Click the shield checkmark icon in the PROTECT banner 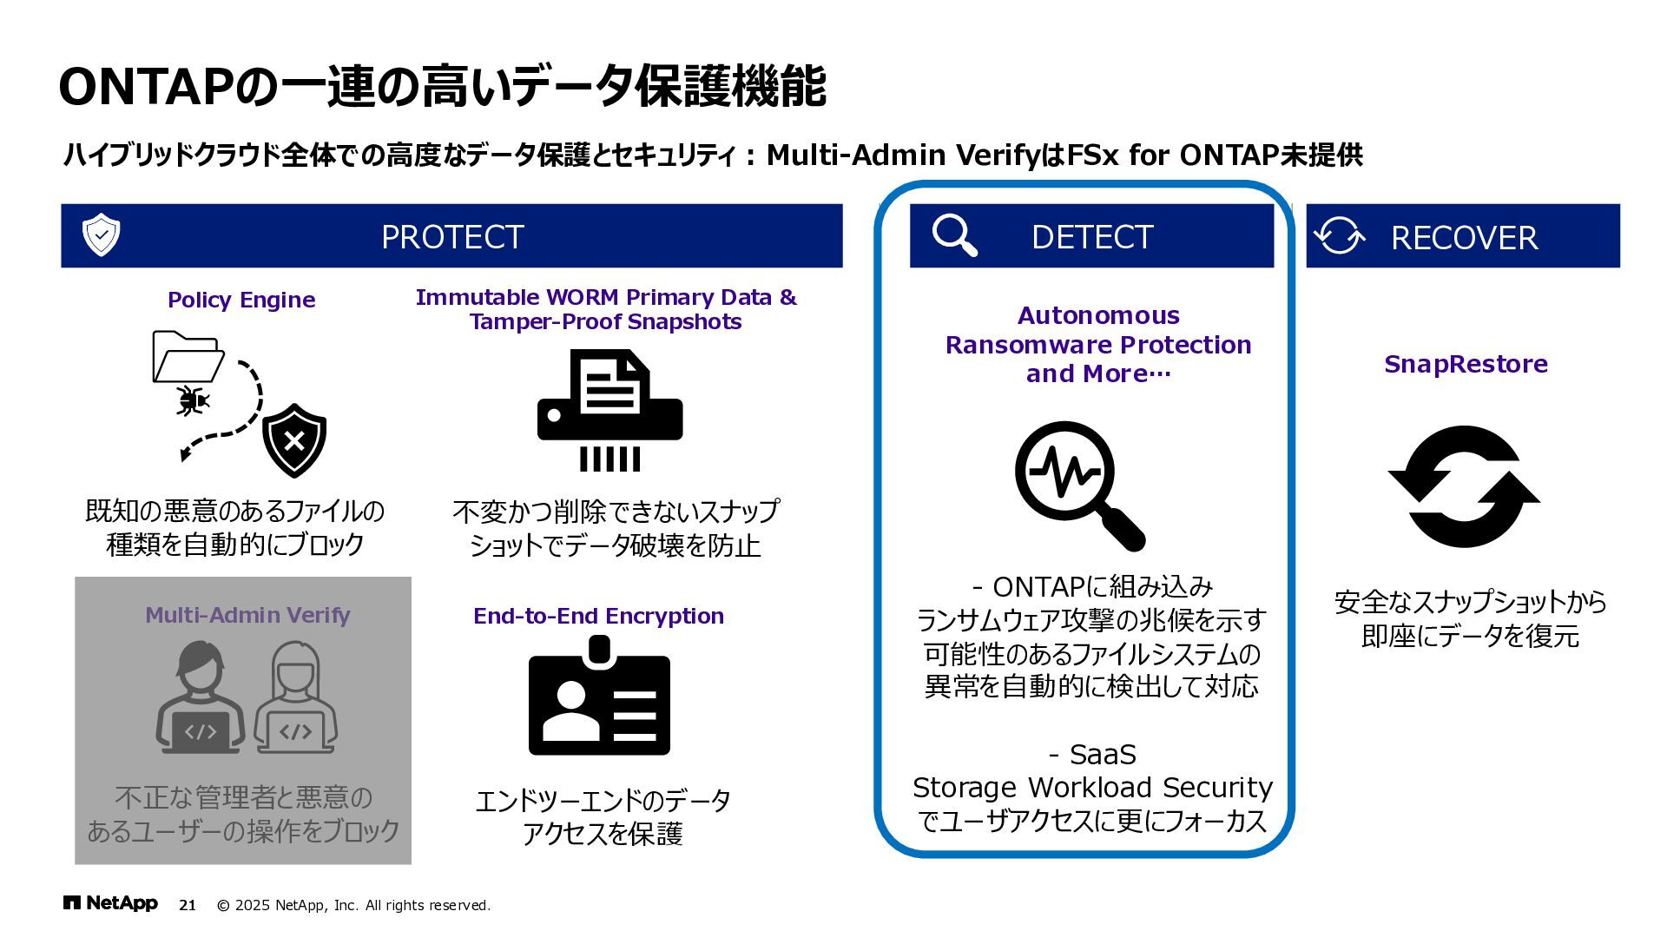(x=101, y=234)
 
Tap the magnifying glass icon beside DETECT (x=954, y=235)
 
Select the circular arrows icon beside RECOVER (x=1339, y=235)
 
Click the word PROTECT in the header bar (x=452, y=237)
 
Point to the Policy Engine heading (x=241, y=300)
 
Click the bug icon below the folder (x=193, y=400)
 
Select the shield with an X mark (x=294, y=440)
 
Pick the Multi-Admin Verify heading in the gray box (x=247, y=615)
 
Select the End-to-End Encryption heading (x=598, y=616)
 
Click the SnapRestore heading (x=1466, y=364)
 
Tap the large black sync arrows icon (x=1464, y=486)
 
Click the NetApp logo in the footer (x=110, y=904)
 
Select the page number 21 (x=188, y=905)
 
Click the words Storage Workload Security (x=1092, y=787)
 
